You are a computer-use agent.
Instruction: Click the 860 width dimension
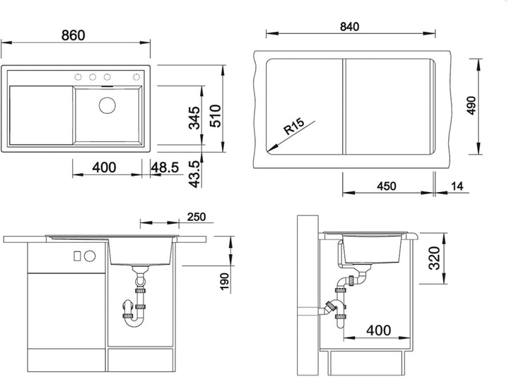pyautogui.click(x=74, y=35)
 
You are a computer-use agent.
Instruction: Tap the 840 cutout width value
pyautogui.click(x=350, y=27)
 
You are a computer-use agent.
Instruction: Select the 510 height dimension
pyautogui.click(x=215, y=116)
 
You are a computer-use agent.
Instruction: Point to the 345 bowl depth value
pyautogui.click(x=194, y=118)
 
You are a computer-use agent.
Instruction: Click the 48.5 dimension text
pyautogui.click(x=165, y=167)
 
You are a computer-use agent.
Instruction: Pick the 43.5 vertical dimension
pyautogui.click(x=194, y=174)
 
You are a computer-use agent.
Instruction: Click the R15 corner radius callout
pyautogui.click(x=294, y=126)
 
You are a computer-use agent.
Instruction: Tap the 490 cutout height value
pyautogui.click(x=472, y=105)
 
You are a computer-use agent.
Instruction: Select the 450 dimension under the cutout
pyautogui.click(x=386, y=186)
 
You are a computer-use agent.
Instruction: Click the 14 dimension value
pyautogui.click(x=457, y=186)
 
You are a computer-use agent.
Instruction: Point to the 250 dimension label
pyautogui.click(x=197, y=217)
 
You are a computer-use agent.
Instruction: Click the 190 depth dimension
pyautogui.click(x=224, y=282)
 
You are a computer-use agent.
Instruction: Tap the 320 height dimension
pyautogui.click(x=434, y=258)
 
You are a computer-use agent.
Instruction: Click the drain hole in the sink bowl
pyautogui.click(x=107, y=105)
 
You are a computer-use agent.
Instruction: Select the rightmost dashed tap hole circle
pyautogui.click(x=136, y=77)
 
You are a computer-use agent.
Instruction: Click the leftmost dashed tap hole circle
pyautogui.click(x=78, y=77)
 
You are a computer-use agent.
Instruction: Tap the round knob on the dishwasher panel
pyautogui.click(x=90, y=256)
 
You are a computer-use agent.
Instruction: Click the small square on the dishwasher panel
pyautogui.click(x=77, y=256)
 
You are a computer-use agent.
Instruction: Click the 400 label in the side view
pyautogui.click(x=378, y=330)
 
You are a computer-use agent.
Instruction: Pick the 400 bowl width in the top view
pyautogui.click(x=104, y=167)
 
